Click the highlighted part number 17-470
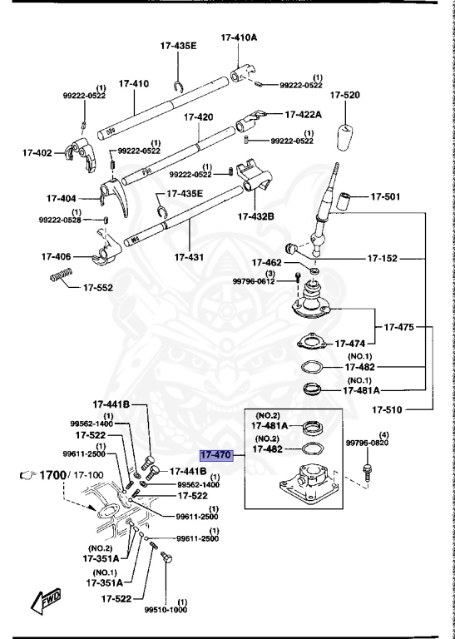click(x=215, y=455)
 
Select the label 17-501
click(x=385, y=197)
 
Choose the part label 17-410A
click(x=239, y=37)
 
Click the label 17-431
click(x=189, y=257)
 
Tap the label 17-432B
click(x=256, y=216)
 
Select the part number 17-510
click(x=387, y=409)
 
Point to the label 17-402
click(x=37, y=153)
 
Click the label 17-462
click(x=268, y=262)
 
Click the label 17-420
click(x=198, y=117)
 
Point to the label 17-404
click(x=62, y=199)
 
